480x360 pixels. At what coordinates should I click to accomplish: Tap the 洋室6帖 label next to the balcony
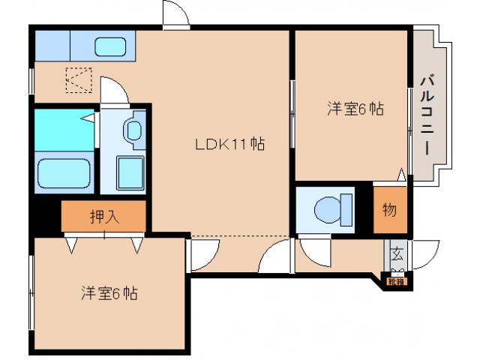355,109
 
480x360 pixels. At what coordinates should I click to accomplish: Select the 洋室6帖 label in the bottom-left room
109,293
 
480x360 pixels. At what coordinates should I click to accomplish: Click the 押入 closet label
103,217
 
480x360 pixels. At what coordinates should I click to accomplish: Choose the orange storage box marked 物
390,210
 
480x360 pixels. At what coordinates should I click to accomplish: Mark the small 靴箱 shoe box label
395,282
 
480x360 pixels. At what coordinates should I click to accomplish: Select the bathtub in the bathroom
64,175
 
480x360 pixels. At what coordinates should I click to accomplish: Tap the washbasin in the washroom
134,130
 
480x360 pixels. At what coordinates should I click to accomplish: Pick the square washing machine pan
130,174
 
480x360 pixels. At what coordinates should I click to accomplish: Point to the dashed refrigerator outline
78,79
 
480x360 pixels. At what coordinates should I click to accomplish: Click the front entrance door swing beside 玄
424,253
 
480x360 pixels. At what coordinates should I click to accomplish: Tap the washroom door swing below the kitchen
114,92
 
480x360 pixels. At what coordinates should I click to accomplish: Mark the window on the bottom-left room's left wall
31,292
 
